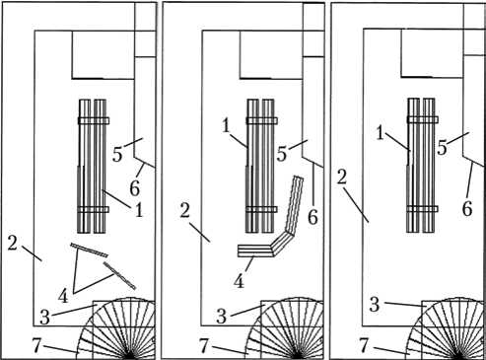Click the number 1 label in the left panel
[139, 210]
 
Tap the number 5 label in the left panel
[117, 154]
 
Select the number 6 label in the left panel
[135, 188]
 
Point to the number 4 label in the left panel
[63, 296]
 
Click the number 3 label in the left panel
[44, 318]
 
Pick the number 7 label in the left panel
[36, 345]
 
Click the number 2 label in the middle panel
[185, 211]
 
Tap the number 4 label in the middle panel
[240, 281]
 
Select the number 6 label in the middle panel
[312, 217]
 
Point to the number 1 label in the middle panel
[226, 126]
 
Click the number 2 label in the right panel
[342, 178]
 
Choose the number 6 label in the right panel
[467, 208]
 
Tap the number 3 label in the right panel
[375, 305]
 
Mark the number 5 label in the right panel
[443, 148]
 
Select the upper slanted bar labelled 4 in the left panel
[89, 251]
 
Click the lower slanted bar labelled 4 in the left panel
[119, 276]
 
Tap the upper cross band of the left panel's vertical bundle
[94, 120]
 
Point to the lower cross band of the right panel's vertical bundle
[423, 209]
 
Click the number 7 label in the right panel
[364, 345]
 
